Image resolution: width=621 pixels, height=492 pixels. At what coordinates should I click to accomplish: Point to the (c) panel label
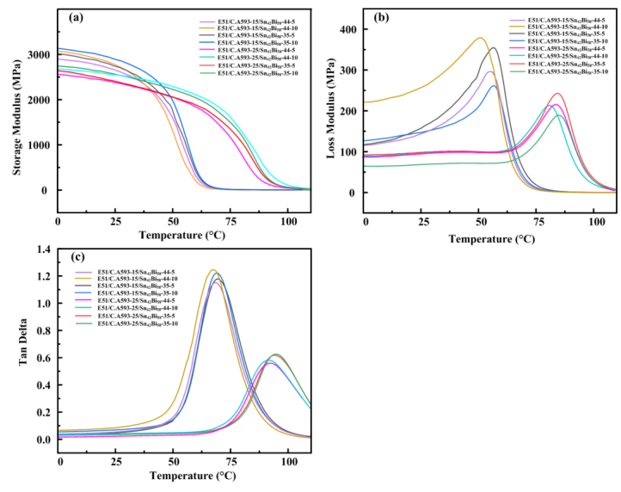coord(77,255)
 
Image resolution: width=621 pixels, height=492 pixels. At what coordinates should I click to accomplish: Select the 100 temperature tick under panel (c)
coord(286,452)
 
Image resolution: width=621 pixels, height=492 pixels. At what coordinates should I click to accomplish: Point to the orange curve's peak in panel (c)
coord(213,270)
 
